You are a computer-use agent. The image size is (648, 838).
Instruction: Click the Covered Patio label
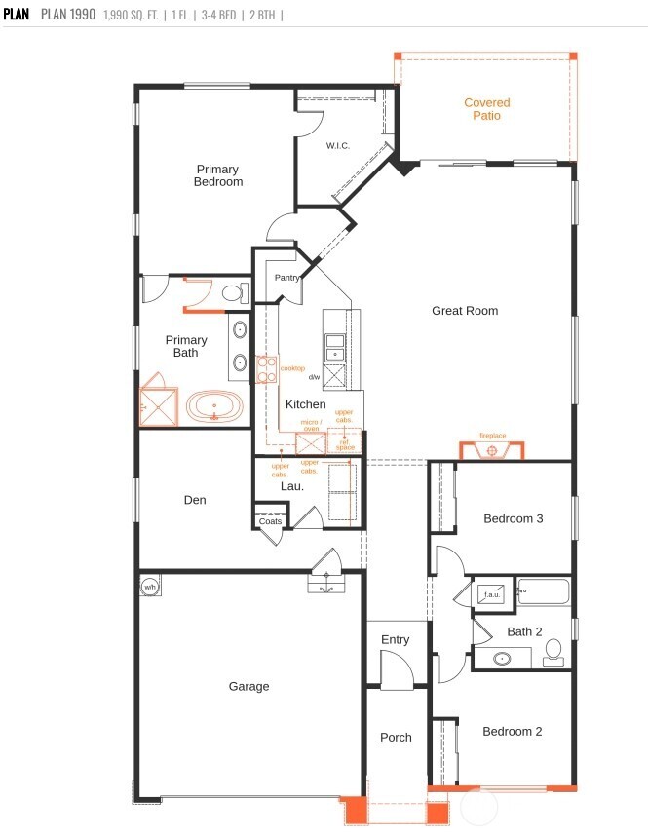tap(486, 109)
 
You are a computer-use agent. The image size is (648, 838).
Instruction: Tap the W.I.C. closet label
tap(338, 146)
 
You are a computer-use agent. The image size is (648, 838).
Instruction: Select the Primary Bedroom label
tap(217, 175)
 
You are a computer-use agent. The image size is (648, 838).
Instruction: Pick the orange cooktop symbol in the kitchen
tap(266, 369)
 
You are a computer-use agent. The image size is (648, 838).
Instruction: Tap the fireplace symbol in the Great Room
tap(492, 450)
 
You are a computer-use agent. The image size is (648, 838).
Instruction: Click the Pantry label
tap(286, 278)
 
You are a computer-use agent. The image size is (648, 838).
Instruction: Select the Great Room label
tap(465, 311)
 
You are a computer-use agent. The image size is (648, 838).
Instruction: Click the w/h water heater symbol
tap(150, 587)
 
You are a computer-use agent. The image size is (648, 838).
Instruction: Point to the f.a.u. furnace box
tap(492, 594)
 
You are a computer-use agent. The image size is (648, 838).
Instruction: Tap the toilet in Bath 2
tap(553, 650)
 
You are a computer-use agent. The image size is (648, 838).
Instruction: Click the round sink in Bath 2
tap(503, 659)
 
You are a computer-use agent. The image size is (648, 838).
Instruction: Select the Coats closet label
tap(270, 521)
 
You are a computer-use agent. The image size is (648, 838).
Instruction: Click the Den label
tap(195, 500)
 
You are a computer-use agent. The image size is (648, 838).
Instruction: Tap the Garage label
tap(248, 686)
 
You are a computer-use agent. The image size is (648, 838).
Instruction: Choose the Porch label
tap(396, 737)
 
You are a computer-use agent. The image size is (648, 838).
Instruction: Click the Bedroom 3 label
tap(513, 518)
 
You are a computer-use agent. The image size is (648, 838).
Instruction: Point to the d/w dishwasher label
tap(314, 377)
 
